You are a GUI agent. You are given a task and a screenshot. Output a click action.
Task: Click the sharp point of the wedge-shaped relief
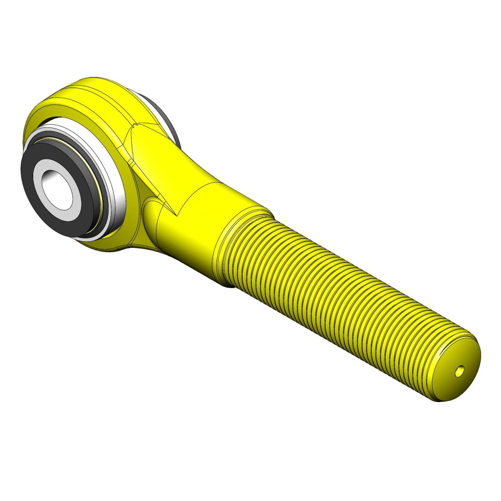click(175, 215)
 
